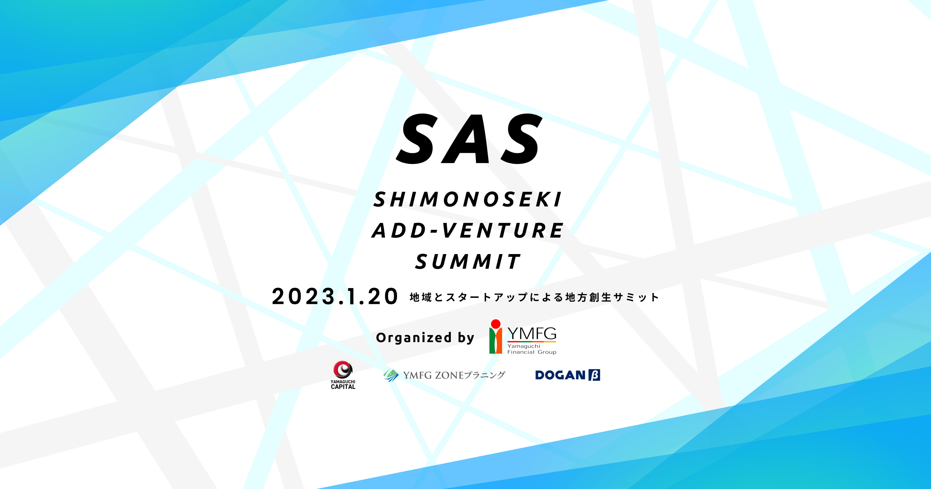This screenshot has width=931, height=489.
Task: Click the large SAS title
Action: (469, 138)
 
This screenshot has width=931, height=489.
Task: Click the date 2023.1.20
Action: (335, 297)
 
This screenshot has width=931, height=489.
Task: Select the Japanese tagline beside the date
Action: (534, 297)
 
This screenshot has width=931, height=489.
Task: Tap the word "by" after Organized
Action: (466, 338)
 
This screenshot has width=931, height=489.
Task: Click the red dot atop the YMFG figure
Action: (495, 324)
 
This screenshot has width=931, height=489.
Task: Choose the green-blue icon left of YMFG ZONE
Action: (391, 375)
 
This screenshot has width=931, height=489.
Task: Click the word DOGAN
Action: (560, 375)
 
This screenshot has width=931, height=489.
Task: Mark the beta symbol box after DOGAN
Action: (595, 375)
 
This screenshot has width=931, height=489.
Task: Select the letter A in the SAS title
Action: (469, 139)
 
